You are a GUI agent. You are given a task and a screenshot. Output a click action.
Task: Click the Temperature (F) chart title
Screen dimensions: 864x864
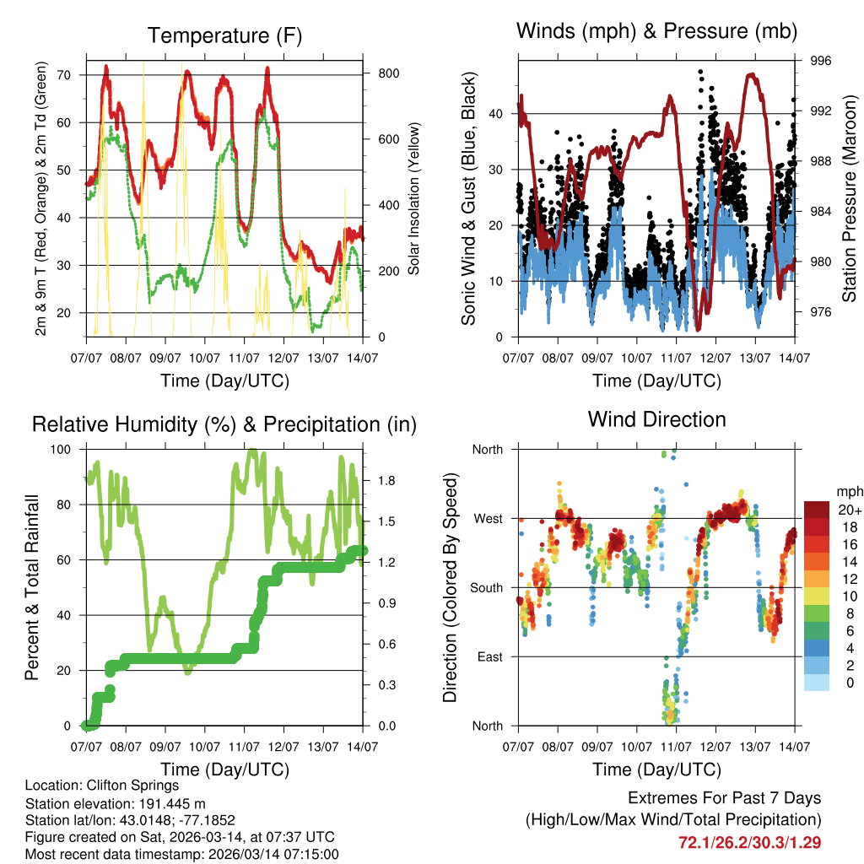(x=224, y=35)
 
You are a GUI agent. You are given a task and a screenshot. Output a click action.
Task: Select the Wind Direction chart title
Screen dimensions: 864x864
(x=656, y=418)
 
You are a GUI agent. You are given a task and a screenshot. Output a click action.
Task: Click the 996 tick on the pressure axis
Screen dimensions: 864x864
(x=821, y=61)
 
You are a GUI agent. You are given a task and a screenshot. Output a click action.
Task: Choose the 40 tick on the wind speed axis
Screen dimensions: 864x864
(x=496, y=114)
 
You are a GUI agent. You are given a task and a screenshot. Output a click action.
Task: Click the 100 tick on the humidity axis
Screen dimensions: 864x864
(x=62, y=449)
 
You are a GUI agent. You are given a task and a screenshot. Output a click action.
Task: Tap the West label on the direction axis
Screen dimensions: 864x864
(x=487, y=518)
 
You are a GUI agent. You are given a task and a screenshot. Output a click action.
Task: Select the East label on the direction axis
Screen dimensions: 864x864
(x=488, y=656)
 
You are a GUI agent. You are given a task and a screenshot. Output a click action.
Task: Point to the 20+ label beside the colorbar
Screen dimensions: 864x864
(x=850, y=510)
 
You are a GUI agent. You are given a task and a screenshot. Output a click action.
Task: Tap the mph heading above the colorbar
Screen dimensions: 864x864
(x=849, y=491)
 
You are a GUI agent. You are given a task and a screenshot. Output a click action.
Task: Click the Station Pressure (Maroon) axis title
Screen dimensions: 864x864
(x=850, y=199)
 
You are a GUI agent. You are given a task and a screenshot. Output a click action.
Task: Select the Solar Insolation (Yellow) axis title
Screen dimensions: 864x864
(x=413, y=199)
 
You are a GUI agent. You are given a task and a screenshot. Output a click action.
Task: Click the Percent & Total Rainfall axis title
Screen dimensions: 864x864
(x=31, y=588)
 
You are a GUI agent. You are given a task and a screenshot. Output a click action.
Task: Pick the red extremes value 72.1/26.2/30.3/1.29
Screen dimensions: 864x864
(x=750, y=842)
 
